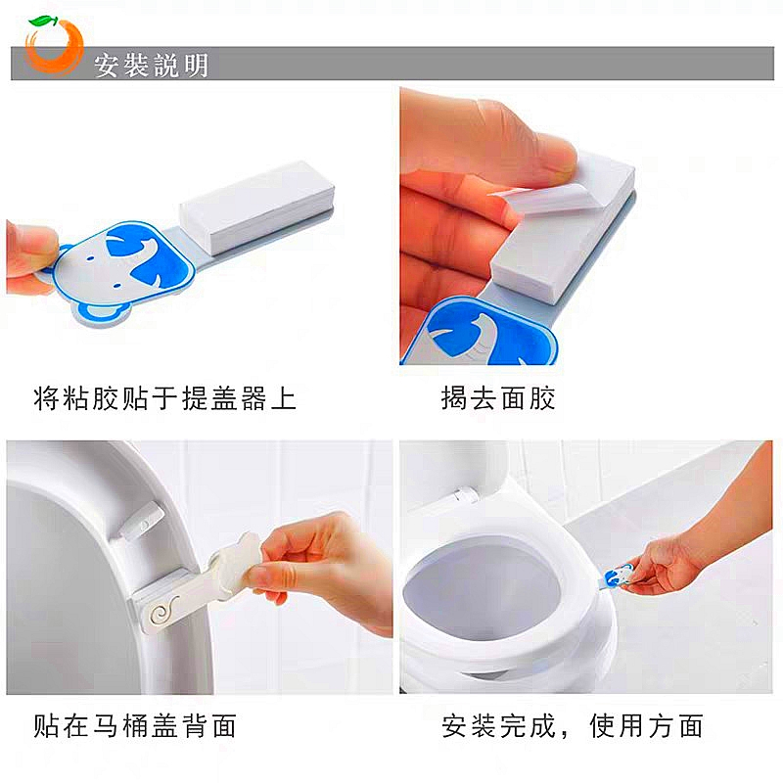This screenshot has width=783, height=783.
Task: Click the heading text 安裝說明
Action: click(152, 65)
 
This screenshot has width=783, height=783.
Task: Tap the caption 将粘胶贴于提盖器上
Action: click(164, 398)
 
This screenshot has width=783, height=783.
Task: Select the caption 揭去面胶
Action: click(498, 398)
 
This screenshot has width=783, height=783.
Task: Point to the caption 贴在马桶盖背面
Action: click(135, 725)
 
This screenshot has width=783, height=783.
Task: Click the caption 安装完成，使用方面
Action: click(573, 725)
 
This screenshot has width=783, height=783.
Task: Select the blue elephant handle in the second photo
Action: click(486, 333)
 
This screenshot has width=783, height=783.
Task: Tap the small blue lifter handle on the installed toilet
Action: click(618, 576)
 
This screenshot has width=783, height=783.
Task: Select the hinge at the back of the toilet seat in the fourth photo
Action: click(464, 494)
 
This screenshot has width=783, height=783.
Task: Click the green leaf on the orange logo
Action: click(44, 21)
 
